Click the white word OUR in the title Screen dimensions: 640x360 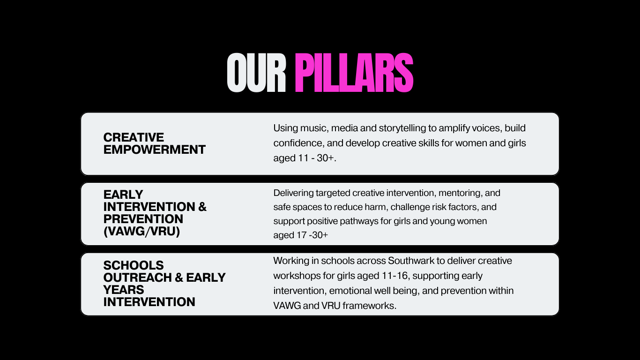256,73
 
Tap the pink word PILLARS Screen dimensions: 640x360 354,73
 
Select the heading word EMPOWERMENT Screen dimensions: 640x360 154,150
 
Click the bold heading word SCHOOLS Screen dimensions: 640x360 134,265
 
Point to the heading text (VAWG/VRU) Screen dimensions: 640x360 141,231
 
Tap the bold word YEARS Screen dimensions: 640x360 123,290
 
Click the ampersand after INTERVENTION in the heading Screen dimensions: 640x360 202,207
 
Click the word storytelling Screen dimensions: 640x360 402,128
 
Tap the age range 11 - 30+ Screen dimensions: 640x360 316,158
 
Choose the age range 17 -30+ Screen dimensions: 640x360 313,235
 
